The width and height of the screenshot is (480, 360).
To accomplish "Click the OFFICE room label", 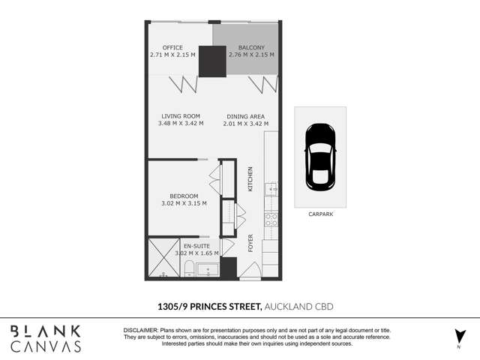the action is [x=172, y=47].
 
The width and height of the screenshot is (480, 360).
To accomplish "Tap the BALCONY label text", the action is [x=251, y=47].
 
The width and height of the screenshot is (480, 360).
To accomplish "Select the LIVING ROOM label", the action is [x=181, y=116].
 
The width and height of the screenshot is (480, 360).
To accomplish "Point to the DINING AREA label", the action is [x=245, y=116].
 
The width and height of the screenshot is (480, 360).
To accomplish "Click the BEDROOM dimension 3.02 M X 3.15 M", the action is [x=184, y=203].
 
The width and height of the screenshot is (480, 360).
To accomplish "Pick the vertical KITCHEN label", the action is [x=250, y=179].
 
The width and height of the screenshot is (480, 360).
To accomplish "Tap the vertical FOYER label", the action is [x=250, y=243].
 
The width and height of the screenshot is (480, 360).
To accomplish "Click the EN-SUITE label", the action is [x=196, y=246].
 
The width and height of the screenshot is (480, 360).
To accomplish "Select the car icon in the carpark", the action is [x=320, y=157].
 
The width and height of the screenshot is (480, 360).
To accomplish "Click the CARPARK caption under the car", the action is [x=320, y=214].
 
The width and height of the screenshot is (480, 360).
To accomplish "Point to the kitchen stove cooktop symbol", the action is [x=271, y=220].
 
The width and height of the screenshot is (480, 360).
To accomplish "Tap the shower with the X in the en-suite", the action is [x=164, y=258].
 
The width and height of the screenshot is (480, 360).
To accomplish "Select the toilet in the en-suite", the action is [x=188, y=268].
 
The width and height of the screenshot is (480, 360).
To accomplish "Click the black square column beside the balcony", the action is [x=212, y=61].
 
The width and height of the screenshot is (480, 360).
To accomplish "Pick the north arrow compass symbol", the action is [x=460, y=337].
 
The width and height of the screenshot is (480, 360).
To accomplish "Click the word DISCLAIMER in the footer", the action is [x=141, y=330].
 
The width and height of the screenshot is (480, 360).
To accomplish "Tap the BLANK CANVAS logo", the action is [x=46, y=338].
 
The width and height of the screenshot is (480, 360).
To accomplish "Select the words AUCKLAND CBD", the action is [x=298, y=307].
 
